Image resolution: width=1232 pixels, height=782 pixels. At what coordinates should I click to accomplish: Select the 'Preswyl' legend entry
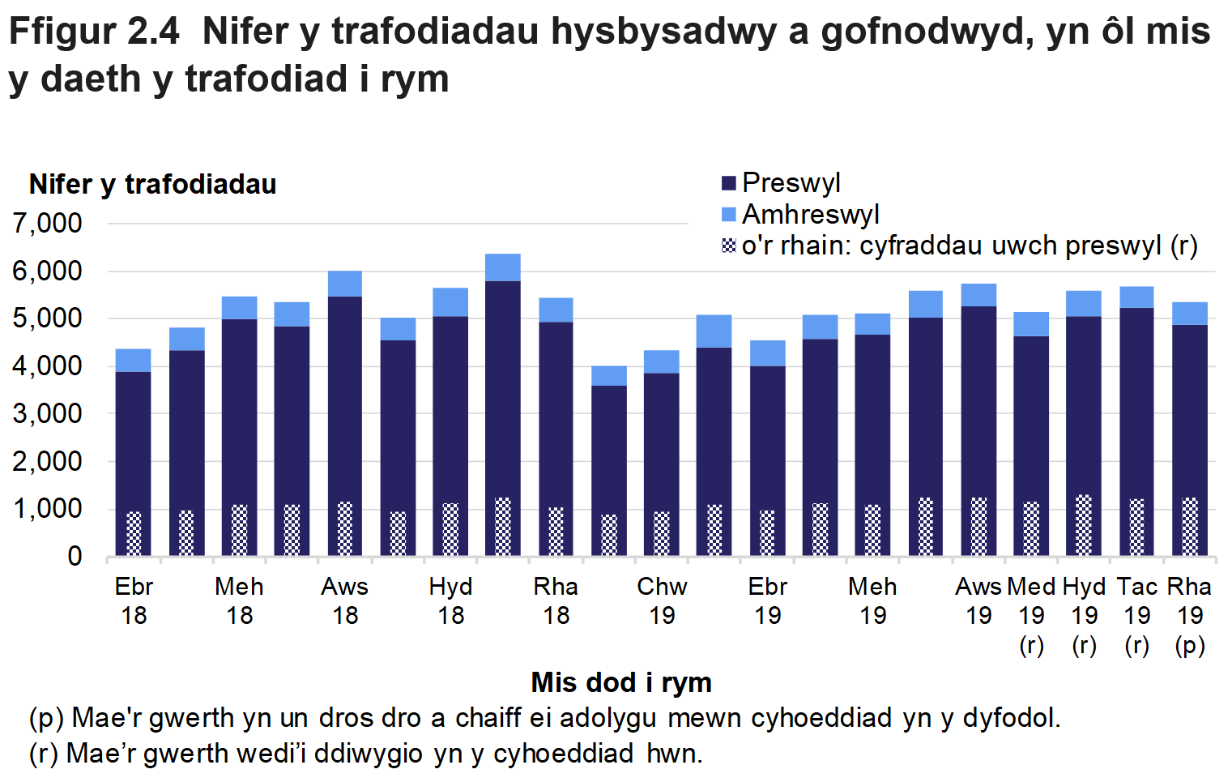pyautogui.click(x=791, y=183)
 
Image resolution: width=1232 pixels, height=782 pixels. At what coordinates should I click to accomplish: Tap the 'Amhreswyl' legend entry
pyautogui.click(x=810, y=215)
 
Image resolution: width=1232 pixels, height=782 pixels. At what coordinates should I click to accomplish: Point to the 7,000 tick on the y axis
pyautogui.click(x=48, y=224)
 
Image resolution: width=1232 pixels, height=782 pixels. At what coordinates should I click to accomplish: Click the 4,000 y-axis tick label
pyautogui.click(x=48, y=366)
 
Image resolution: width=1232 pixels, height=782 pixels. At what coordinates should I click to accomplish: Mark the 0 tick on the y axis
pyautogui.click(x=75, y=557)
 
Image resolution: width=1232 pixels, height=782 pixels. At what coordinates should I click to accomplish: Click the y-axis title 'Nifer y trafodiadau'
pyautogui.click(x=152, y=185)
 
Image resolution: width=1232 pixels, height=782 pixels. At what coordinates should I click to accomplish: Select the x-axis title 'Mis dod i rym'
pyautogui.click(x=621, y=682)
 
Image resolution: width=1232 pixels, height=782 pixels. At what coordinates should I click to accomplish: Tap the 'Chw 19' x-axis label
pyautogui.click(x=662, y=600)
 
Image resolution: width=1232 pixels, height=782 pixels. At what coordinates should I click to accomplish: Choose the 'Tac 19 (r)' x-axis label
pyautogui.click(x=1137, y=615)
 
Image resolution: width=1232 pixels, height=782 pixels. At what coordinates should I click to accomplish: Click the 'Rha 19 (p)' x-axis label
pyautogui.click(x=1190, y=615)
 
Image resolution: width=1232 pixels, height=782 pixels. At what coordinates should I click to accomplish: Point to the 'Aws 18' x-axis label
pyautogui.click(x=345, y=600)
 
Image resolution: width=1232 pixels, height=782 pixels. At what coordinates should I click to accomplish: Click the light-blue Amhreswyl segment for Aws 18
pyautogui.click(x=345, y=284)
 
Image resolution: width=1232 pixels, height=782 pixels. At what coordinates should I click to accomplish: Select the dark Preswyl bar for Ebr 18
pyautogui.click(x=134, y=438)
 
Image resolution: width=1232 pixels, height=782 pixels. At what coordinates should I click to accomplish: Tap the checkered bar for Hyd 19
pyautogui.click(x=1084, y=525)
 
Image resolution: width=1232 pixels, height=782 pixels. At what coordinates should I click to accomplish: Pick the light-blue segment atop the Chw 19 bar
pyautogui.click(x=662, y=361)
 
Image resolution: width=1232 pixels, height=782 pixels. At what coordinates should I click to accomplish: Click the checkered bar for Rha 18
pyautogui.click(x=556, y=531)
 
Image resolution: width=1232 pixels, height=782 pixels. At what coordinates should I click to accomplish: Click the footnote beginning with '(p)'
pyautogui.click(x=544, y=718)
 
